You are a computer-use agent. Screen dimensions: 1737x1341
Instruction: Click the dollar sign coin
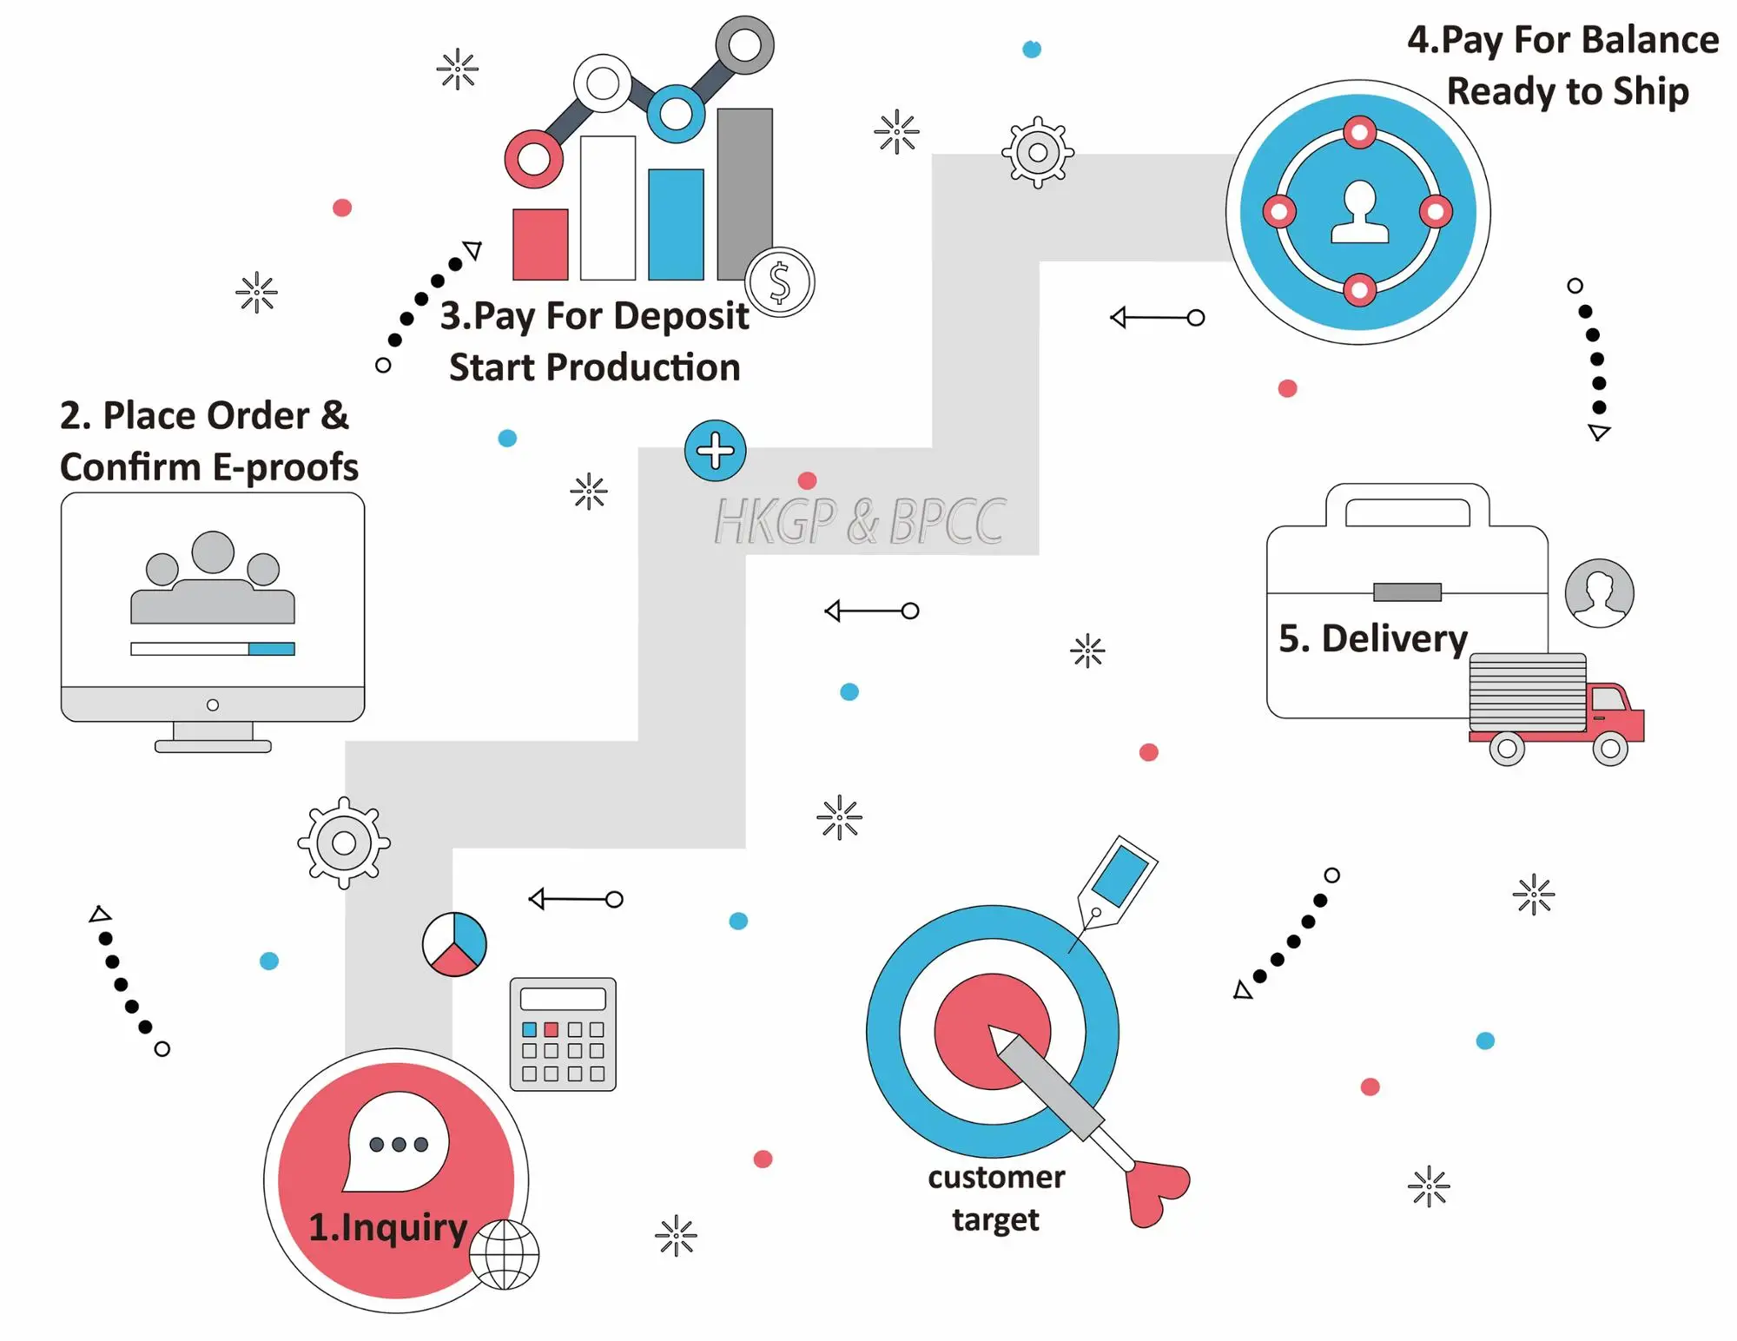(780, 282)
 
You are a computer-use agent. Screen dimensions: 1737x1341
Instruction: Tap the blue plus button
(715, 451)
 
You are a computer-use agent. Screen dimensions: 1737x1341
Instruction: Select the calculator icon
(563, 1034)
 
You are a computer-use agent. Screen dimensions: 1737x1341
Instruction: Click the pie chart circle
(454, 944)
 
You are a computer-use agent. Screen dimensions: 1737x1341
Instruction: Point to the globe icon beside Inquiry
(505, 1255)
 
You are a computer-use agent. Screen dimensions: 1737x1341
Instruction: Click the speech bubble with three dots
(398, 1141)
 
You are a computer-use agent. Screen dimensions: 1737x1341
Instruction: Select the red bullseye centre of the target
(992, 1031)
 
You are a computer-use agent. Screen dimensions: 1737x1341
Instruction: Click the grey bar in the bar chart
(744, 193)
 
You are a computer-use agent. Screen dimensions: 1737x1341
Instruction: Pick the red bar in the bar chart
(540, 244)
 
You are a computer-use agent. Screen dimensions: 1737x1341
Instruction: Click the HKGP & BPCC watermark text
(859, 522)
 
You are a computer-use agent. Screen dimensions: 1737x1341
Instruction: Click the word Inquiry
(404, 1227)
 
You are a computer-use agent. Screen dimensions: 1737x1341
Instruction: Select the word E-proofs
(285, 467)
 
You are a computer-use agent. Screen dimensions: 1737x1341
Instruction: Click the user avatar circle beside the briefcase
(1599, 593)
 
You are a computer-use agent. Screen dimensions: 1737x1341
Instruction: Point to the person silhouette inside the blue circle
(1359, 212)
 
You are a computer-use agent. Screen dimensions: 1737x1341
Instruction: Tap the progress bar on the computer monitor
(213, 649)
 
